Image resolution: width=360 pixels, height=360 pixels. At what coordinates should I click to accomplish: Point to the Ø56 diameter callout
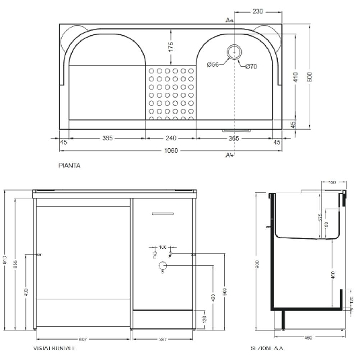212,64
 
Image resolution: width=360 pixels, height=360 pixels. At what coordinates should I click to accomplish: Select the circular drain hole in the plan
236,51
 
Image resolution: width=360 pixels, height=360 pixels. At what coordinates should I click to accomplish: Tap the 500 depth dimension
310,77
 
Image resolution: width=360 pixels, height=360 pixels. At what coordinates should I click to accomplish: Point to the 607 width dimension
81,339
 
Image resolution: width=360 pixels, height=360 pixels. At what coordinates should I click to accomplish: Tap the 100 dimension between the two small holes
161,247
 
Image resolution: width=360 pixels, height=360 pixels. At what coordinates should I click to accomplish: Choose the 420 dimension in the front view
213,296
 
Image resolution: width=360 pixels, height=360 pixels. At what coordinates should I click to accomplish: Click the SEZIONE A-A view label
265,349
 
